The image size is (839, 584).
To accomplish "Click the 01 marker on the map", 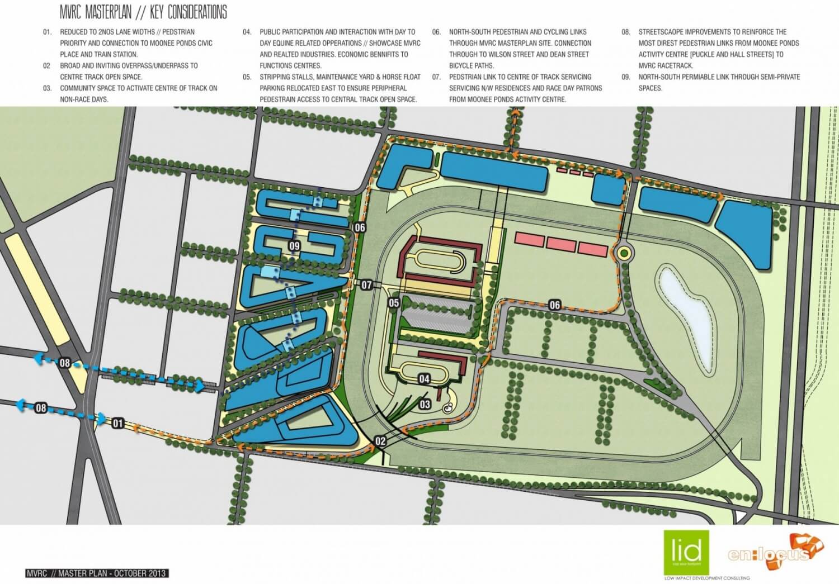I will [x=117, y=423].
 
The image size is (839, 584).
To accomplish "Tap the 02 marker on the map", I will [x=380, y=441].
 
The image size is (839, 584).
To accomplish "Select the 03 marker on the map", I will [x=425, y=404].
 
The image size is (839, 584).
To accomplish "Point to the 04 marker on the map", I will [x=425, y=379].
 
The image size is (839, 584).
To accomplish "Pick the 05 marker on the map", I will [x=394, y=303].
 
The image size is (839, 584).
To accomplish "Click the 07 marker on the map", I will [x=366, y=285].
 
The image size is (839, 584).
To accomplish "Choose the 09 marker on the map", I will [x=294, y=246].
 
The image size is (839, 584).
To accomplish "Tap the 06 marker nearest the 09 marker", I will [x=360, y=227].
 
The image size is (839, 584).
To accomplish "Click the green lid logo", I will [x=686, y=552].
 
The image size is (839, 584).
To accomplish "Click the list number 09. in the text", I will [x=626, y=77].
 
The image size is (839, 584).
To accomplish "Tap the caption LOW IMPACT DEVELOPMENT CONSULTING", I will [x=704, y=577].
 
